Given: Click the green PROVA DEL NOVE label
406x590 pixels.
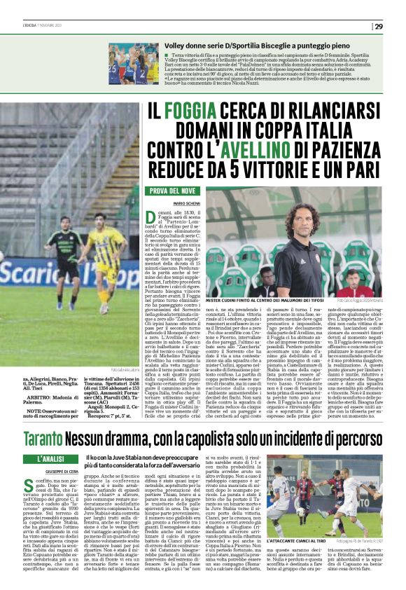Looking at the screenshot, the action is click(169, 191).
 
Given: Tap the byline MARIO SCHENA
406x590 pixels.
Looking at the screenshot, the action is click(164, 203).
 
